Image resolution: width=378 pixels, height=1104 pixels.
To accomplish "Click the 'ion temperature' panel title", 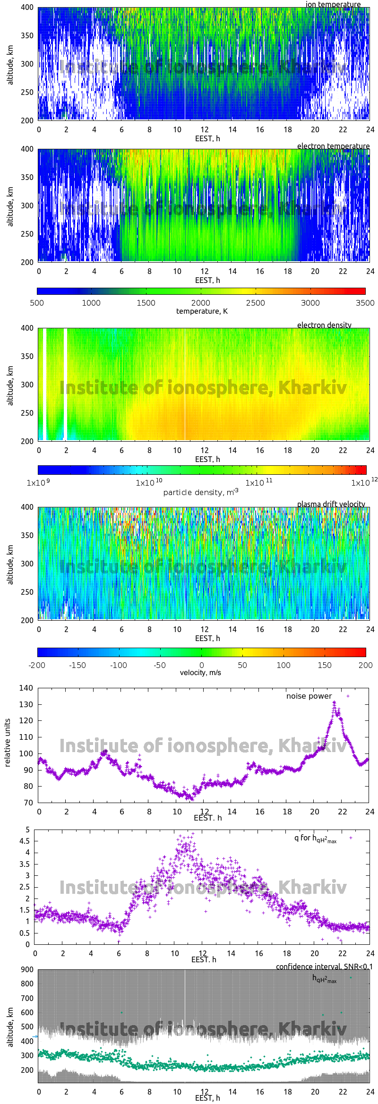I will tap(333, 4).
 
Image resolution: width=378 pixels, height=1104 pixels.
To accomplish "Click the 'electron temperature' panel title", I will tap(333, 146).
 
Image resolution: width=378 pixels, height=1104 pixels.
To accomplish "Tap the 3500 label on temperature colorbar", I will tap(365, 303).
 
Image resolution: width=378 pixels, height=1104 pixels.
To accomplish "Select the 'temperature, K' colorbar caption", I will tap(202, 311).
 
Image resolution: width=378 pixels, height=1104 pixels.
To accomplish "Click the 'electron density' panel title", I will tap(324, 325).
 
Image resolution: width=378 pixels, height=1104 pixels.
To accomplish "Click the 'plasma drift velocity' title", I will tap(331, 504).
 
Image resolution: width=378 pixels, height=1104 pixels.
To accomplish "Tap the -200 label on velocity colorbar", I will tap(37, 665).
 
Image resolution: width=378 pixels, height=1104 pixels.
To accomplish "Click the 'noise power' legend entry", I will tap(309, 696).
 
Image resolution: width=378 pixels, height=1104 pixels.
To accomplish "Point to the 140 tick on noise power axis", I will tap(26, 688).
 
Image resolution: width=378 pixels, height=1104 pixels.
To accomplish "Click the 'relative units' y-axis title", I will tap(8, 743).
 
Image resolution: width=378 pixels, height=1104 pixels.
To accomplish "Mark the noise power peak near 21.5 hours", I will tap(334, 703).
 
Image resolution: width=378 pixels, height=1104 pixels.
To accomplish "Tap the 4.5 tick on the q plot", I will tap(25, 841).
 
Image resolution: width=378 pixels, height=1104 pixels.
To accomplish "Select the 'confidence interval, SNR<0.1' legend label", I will tap(324, 967).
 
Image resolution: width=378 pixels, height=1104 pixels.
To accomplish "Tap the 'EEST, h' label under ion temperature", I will tap(207, 138).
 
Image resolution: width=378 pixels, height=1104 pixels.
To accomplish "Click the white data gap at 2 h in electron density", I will tap(65, 383).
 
